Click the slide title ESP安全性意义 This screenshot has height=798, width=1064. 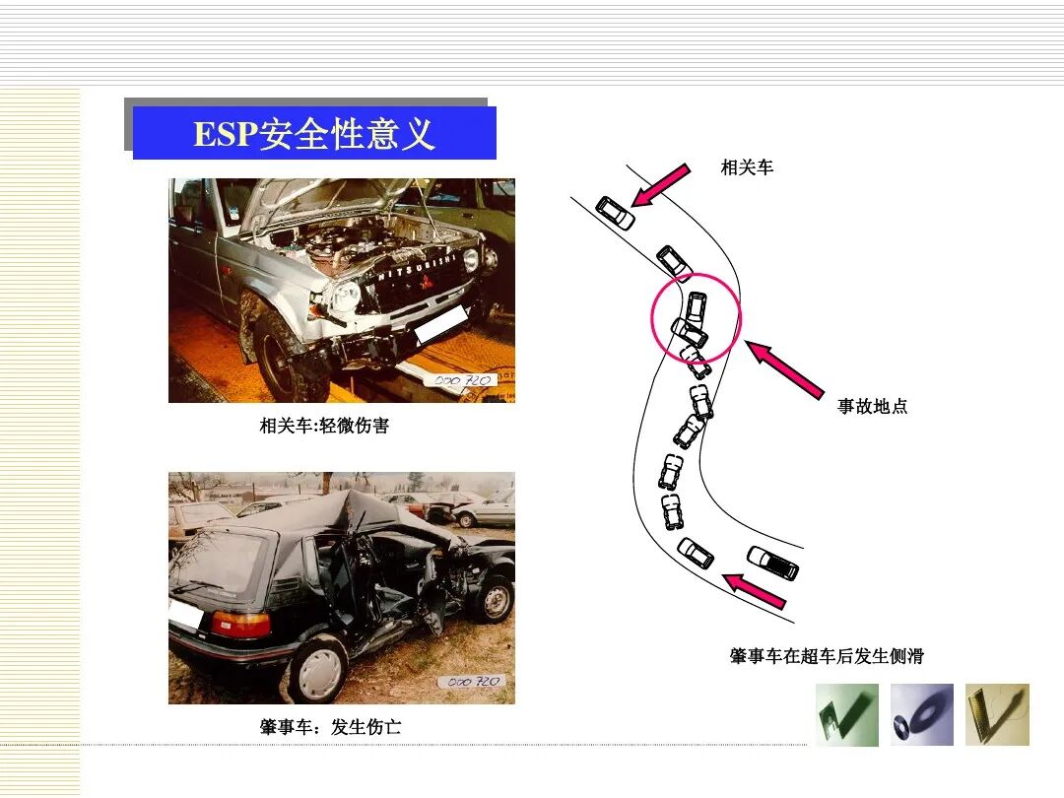pos(314,133)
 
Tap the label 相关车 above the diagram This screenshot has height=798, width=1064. pos(747,167)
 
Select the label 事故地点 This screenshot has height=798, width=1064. pos(872,406)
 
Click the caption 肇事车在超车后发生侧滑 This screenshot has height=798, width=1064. pos(827,656)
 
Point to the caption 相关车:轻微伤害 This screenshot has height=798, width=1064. pos(324,426)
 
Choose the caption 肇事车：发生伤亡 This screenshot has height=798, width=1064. pos(330,727)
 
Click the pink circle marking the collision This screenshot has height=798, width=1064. pos(696,317)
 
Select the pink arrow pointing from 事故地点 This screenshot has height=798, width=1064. pos(785,369)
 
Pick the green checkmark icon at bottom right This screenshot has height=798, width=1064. pos(846,714)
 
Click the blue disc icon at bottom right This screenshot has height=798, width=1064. pos(922,714)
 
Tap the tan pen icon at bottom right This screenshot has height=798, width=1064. pos(997,714)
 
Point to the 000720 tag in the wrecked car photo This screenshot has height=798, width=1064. pos(474,681)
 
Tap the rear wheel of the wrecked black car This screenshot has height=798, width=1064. pos(318,669)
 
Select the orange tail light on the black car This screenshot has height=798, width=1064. pos(240,624)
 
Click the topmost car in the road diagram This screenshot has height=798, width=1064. pos(616,213)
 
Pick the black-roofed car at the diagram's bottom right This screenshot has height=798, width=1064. pos(773,563)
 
